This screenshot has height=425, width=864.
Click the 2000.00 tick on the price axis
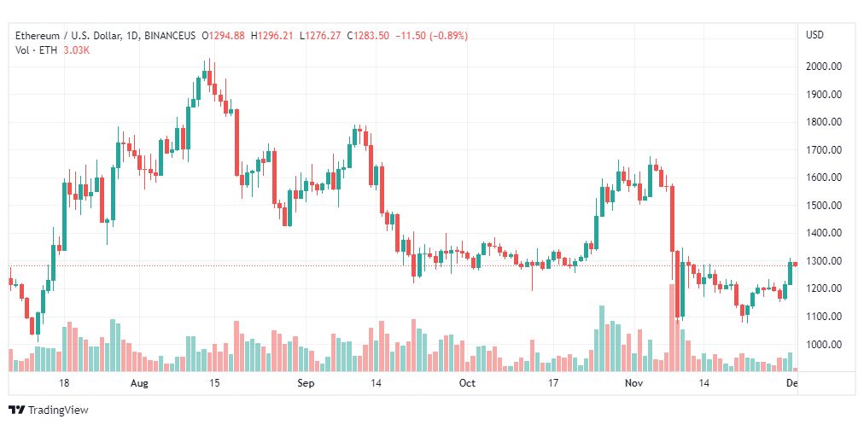click(x=823, y=67)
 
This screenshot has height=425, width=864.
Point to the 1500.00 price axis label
click(x=823, y=206)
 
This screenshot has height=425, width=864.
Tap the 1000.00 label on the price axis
click(x=823, y=345)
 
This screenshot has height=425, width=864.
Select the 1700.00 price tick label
click(x=823, y=149)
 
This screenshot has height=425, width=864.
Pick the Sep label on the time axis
click(x=306, y=383)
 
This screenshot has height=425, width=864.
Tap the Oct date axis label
click(x=467, y=383)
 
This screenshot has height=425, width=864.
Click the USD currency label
click(x=815, y=35)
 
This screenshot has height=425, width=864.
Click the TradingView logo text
click(x=58, y=410)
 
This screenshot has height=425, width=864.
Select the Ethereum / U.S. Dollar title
click(x=67, y=36)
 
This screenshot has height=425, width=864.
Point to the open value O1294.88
click(x=223, y=36)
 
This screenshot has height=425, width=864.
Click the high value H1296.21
click(x=271, y=36)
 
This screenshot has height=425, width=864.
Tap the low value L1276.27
click(x=319, y=36)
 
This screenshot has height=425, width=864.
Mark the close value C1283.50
click(x=367, y=36)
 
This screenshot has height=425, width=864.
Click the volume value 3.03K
click(x=76, y=49)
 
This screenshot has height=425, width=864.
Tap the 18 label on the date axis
click(x=64, y=383)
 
